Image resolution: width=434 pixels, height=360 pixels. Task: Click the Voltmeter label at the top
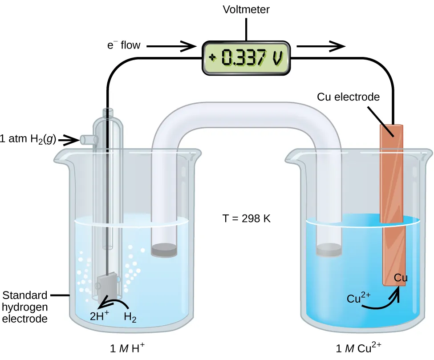click(246, 9)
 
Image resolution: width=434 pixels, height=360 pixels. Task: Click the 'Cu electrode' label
click(348, 97)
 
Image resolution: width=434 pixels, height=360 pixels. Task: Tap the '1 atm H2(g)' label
click(28, 139)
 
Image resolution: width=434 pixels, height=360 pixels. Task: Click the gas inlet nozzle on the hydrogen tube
click(88, 140)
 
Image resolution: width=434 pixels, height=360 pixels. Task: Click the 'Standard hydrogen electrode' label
click(25, 307)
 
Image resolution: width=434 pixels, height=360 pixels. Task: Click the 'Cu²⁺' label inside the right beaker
click(357, 298)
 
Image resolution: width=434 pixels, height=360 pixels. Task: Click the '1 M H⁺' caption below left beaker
click(127, 348)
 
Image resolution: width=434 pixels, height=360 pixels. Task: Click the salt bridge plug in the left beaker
click(164, 250)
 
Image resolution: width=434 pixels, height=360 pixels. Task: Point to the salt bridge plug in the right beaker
click(329, 250)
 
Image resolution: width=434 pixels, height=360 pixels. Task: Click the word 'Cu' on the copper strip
click(401, 279)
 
